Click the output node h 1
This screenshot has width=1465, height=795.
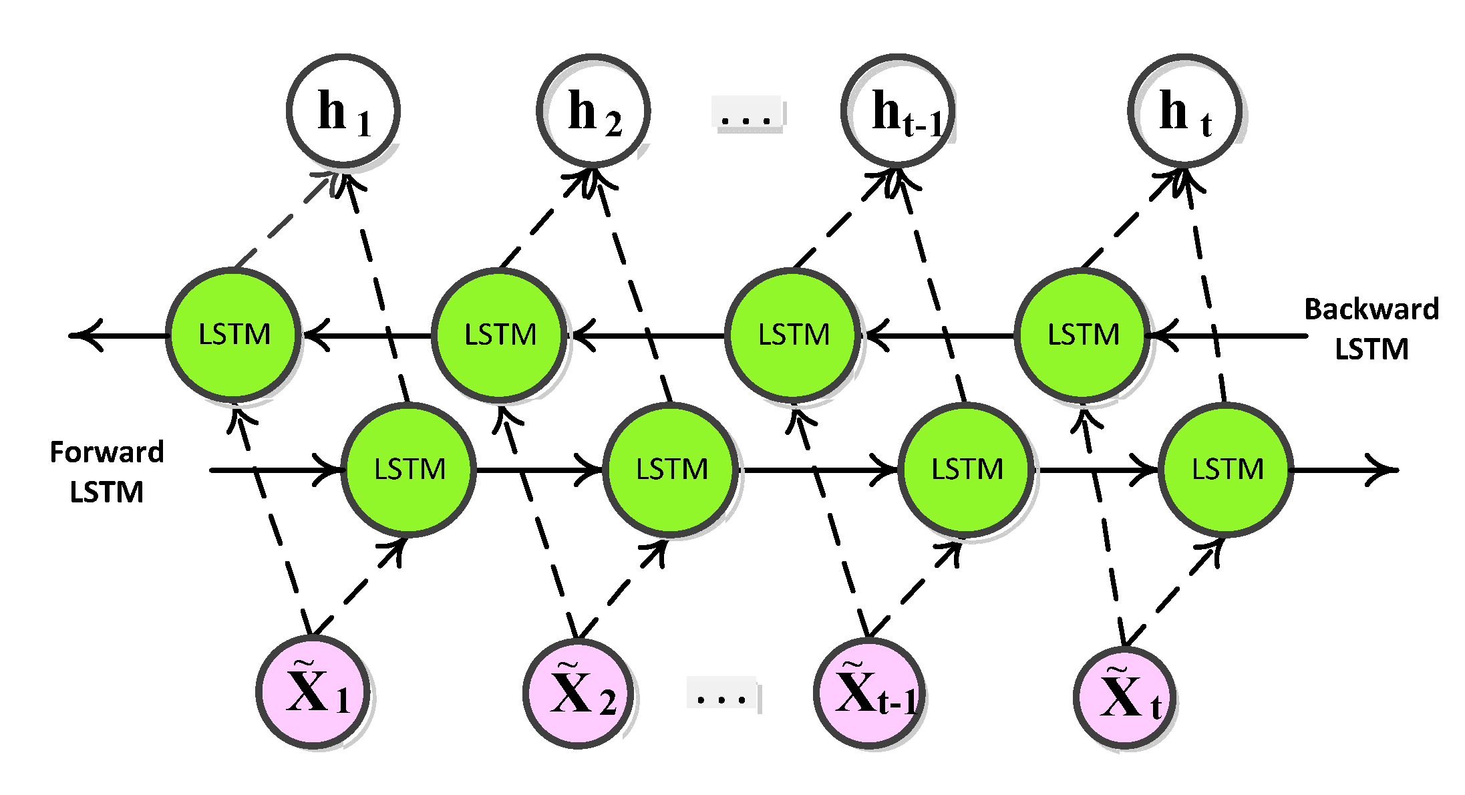pos(343,111)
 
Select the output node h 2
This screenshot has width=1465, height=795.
pos(593,111)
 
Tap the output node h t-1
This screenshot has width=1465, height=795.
pos(898,111)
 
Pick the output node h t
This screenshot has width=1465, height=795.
pos(1185,111)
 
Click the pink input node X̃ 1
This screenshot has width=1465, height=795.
pos(313,693)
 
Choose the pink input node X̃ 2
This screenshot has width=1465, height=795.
pos(579,693)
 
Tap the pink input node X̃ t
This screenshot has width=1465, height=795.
pos(1125,698)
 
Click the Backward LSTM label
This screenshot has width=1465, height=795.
pos(1371,329)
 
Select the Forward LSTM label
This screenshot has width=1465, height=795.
pos(107,472)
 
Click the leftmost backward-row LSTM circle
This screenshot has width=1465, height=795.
pos(233,335)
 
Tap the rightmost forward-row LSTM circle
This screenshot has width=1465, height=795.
pos(1227,470)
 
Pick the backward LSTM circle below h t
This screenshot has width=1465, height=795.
pos(1082,335)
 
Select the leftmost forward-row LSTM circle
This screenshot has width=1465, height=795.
pos(409,470)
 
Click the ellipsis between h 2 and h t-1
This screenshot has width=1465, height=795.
pos(747,115)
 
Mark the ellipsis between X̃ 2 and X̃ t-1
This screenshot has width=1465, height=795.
pos(721,695)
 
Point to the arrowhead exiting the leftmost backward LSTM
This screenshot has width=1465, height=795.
pos(84,335)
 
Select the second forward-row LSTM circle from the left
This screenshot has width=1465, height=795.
pos(671,470)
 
